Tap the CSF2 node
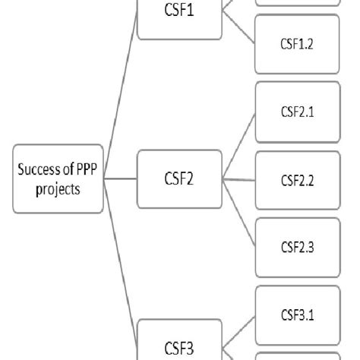[x=179, y=179]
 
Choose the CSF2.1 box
[x=298, y=112]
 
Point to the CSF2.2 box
[x=298, y=180]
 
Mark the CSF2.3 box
[x=298, y=248]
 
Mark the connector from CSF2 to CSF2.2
[x=239, y=179]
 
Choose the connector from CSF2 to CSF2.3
[x=239, y=213]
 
